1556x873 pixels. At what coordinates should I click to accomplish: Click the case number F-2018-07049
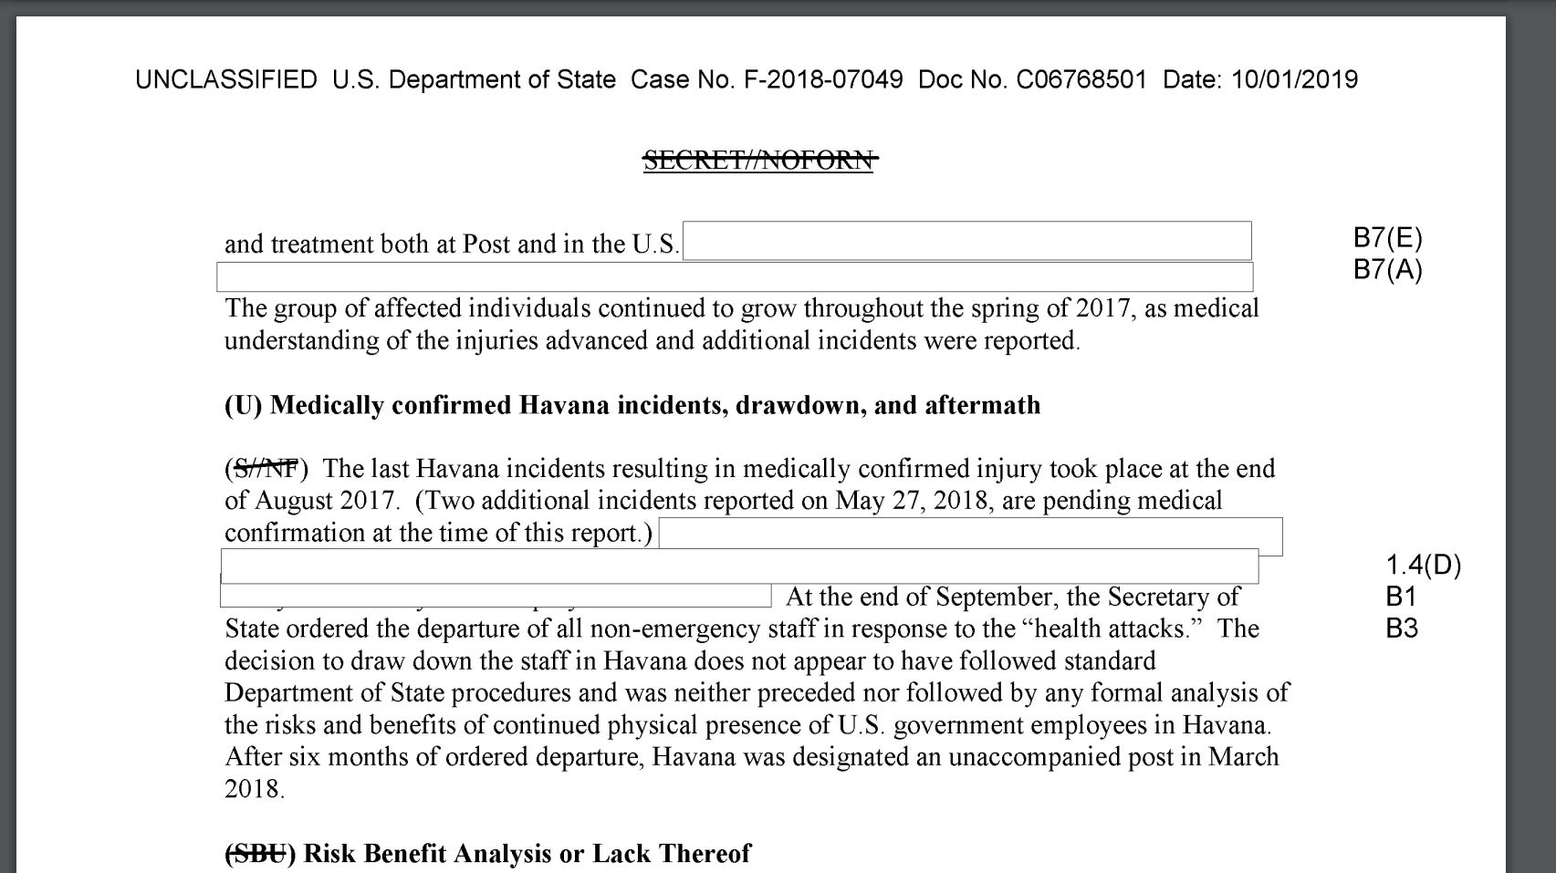click(823, 80)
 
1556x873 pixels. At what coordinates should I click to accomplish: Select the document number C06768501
click(1081, 80)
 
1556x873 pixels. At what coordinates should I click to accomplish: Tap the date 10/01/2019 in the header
click(1294, 80)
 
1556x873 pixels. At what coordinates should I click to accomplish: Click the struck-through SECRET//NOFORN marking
click(759, 161)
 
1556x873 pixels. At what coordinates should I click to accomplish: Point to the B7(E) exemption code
click(1387, 238)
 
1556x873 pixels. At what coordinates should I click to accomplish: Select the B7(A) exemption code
click(1387, 270)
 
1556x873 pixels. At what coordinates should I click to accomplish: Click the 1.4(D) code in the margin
click(1423, 566)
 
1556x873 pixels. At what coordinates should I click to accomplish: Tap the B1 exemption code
click(1401, 597)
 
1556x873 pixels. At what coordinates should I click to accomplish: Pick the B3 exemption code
click(1402, 629)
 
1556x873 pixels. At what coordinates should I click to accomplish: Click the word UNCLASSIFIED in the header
click(225, 80)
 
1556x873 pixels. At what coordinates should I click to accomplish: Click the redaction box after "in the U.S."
click(966, 241)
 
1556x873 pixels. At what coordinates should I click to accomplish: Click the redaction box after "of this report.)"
click(970, 536)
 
